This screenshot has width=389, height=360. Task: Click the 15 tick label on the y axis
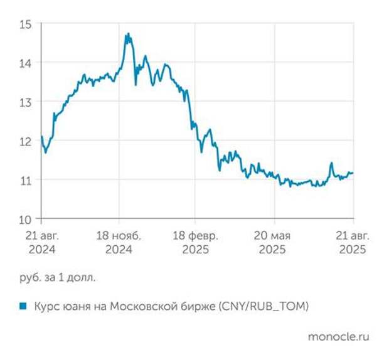coord(26,24)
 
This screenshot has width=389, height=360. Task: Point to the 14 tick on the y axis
coord(26,63)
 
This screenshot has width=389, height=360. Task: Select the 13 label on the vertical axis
coord(26,102)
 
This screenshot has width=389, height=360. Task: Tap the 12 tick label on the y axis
coord(26,141)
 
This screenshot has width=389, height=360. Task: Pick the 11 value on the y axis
coord(26,180)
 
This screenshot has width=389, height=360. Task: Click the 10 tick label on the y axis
coord(26,219)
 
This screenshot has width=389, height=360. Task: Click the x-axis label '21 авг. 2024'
coord(41,242)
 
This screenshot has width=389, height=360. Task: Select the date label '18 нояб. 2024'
coord(119,242)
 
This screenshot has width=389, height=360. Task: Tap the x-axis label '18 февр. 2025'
coord(196,242)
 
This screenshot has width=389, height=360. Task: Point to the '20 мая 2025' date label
coord(274,242)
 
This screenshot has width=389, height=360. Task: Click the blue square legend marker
coord(23,306)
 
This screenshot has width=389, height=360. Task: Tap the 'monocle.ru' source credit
coord(339,336)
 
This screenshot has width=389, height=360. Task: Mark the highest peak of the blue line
coord(127,34)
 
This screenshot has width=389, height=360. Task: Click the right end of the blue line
coord(353,172)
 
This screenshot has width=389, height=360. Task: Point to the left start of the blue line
coord(41,136)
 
